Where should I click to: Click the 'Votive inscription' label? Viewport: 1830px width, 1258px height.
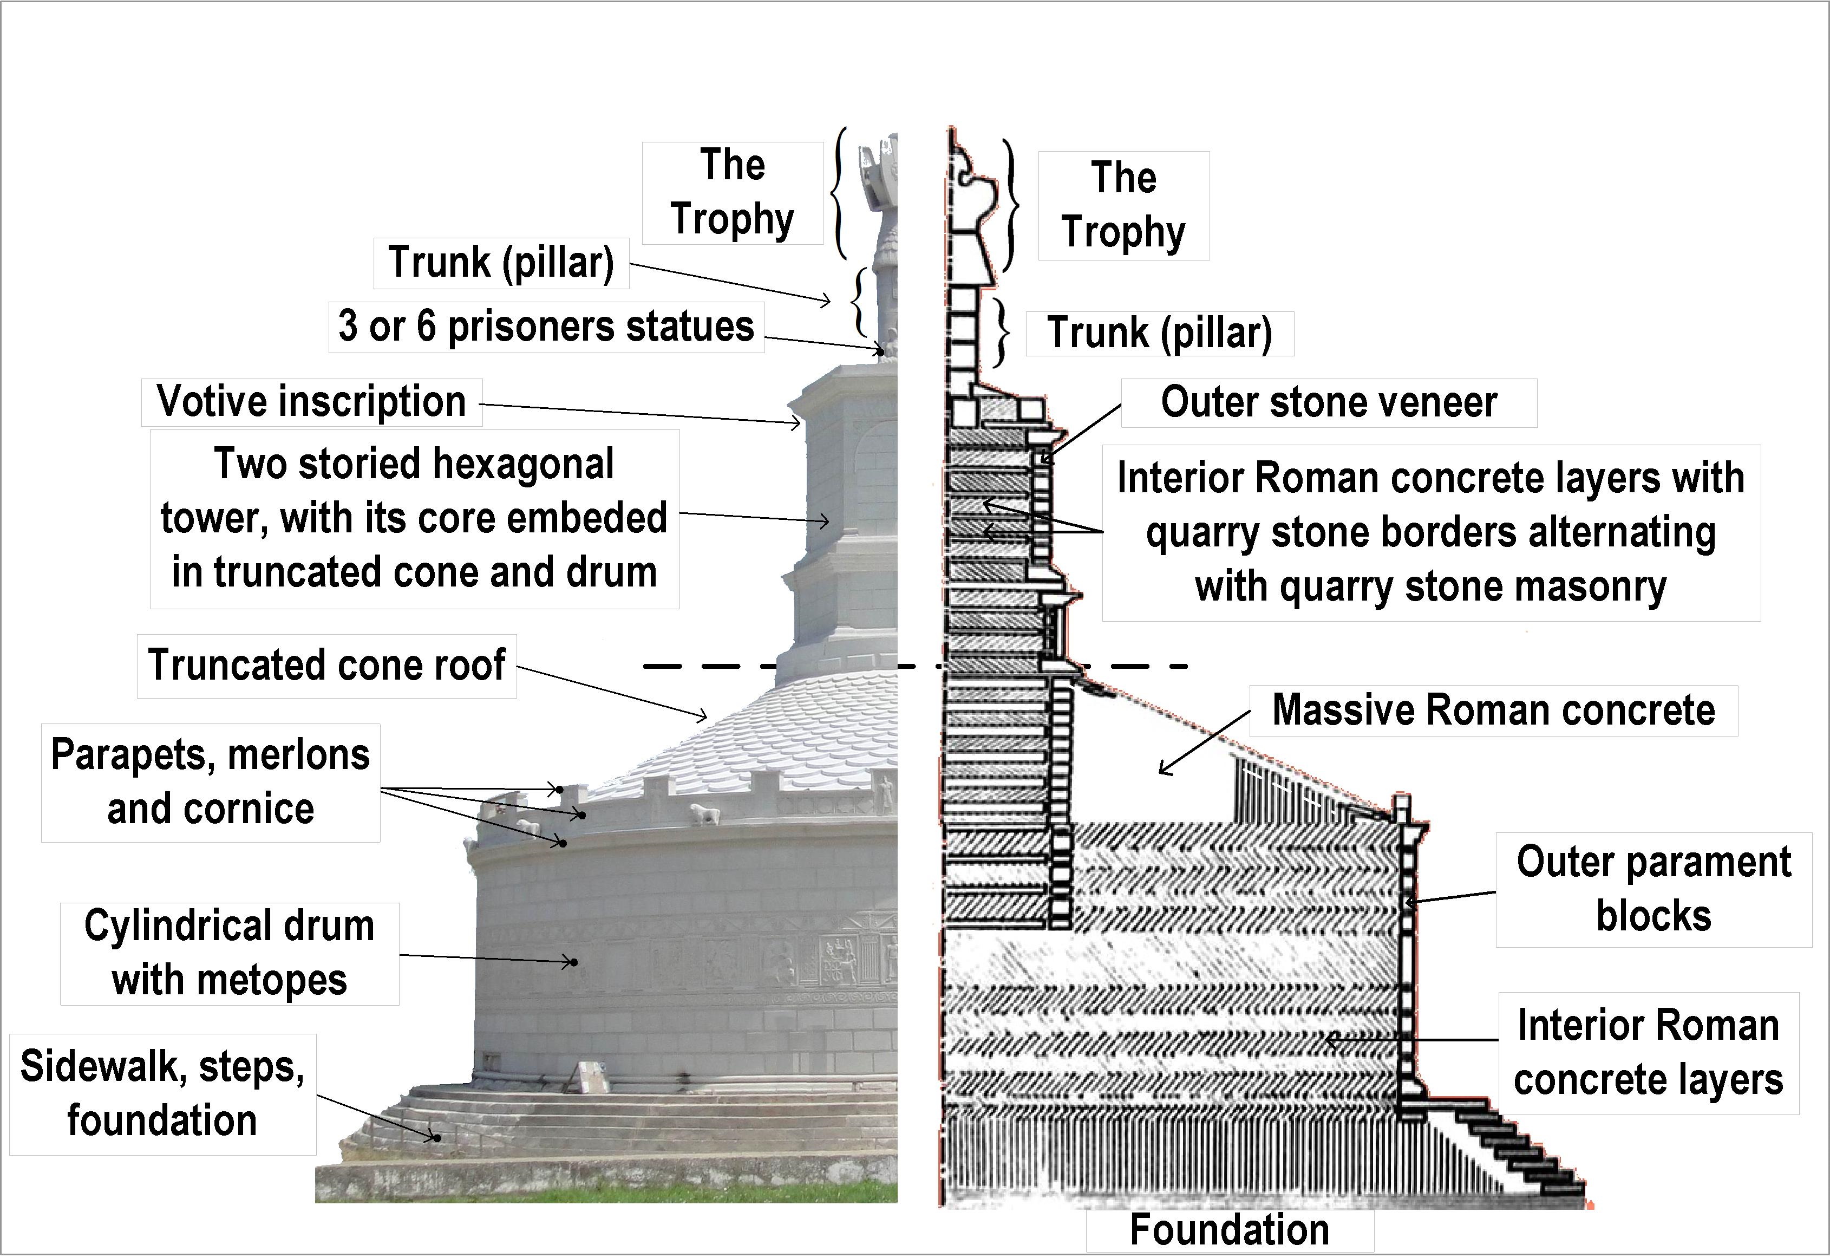point(311,402)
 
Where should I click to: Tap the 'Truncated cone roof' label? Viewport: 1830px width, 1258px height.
point(326,665)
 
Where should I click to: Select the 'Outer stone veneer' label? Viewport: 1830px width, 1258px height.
point(1328,403)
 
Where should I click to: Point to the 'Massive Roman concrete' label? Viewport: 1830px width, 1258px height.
point(1493,710)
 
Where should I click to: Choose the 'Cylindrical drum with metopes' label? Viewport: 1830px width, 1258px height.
point(230,953)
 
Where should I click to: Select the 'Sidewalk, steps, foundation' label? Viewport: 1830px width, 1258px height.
point(162,1093)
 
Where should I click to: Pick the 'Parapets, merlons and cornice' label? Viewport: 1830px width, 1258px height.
point(211,782)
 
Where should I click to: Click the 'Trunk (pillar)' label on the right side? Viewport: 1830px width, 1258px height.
point(1159,333)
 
